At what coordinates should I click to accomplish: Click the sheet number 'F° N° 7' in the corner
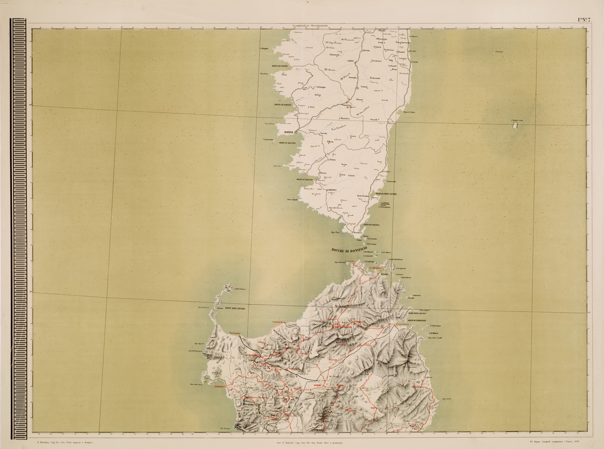[x=584, y=20]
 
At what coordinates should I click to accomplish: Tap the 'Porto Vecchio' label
[x=363, y=196]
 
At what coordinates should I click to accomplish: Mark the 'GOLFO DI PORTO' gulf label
[x=279, y=66]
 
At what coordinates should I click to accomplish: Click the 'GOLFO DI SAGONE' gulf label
[x=283, y=105]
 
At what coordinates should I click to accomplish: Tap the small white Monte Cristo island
[x=514, y=126]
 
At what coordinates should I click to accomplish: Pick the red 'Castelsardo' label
[x=279, y=322]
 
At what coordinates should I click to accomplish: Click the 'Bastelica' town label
[x=345, y=118]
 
